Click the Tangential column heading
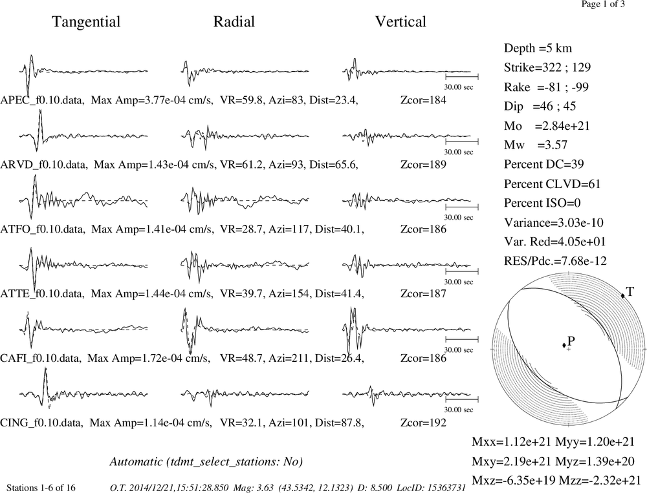(x=86, y=22)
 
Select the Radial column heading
(x=234, y=22)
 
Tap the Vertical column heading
(x=400, y=22)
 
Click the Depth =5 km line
(x=538, y=48)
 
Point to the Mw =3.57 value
(x=536, y=145)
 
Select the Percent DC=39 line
(x=544, y=165)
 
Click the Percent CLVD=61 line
(x=552, y=184)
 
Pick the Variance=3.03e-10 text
(x=553, y=222)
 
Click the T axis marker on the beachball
(x=623, y=295)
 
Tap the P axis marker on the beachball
(x=564, y=345)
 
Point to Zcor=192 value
(x=423, y=423)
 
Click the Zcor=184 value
(x=423, y=100)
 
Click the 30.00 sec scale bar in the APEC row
(x=462, y=77)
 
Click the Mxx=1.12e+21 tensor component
(x=511, y=442)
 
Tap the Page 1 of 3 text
(x=603, y=4)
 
